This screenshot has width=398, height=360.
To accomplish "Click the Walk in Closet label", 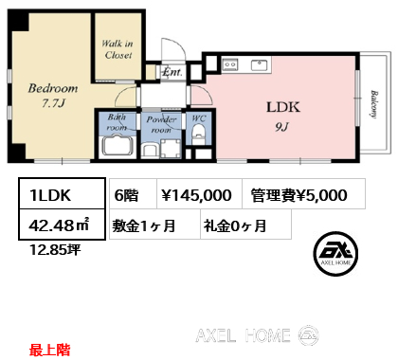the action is pyautogui.click(x=118, y=49).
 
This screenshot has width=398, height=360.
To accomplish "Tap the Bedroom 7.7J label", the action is pyautogui.click(x=53, y=96).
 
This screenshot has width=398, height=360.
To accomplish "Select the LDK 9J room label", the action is pyautogui.click(x=282, y=116).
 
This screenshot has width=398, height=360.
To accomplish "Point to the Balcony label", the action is pyautogui.click(x=374, y=104).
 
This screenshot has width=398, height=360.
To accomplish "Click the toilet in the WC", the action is pyautogui.click(x=198, y=134).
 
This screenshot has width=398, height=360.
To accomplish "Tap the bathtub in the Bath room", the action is pyautogui.click(x=118, y=146).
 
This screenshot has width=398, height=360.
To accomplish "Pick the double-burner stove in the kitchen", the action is pyautogui.click(x=229, y=64).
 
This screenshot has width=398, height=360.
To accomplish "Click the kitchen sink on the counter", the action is pyautogui.click(x=259, y=65).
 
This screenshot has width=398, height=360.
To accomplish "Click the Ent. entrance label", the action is pyautogui.click(x=172, y=72).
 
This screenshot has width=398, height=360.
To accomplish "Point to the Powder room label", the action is pyautogui.click(x=161, y=124).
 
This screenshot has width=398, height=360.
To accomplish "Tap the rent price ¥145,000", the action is pyautogui.click(x=196, y=195).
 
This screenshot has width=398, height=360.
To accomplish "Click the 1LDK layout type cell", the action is pyautogui.click(x=63, y=193).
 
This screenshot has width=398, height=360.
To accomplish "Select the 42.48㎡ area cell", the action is pyautogui.click(x=63, y=224).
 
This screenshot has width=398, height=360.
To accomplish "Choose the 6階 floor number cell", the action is pyautogui.click(x=133, y=193).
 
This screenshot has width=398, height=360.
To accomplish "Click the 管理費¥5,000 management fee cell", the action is pyautogui.click(x=303, y=193).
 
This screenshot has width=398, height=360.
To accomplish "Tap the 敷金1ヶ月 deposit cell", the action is pyautogui.click(x=154, y=224).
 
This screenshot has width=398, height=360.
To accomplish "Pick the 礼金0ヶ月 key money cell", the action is pyautogui.click(x=245, y=224).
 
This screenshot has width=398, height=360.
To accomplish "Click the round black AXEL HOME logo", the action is pyautogui.click(x=335, y=254).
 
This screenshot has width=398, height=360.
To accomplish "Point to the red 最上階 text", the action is pyautogui.click(x=49, y=351).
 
